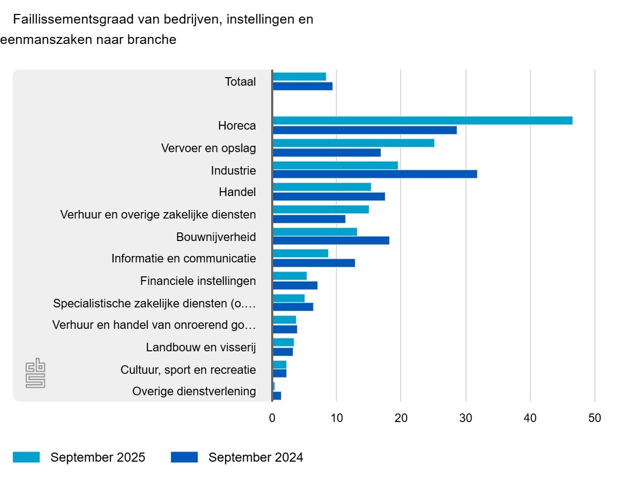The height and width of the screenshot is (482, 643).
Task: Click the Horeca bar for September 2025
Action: click(422, 120)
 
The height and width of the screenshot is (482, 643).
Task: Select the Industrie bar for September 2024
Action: click(375, 174)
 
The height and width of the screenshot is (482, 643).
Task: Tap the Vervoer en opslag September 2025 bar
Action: click(353, 143)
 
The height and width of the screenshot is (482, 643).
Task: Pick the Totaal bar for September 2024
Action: click(302, 86)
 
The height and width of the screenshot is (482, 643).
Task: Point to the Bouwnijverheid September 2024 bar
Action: click(331, 240)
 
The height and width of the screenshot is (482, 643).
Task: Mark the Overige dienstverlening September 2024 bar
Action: click(276, 396)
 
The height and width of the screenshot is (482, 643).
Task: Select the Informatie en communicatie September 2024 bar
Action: click(313, 263)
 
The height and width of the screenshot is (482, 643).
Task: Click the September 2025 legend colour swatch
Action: click(26, 457)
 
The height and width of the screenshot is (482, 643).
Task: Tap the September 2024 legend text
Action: click(256, 457)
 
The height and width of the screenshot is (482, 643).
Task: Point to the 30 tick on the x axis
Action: click(466, 418)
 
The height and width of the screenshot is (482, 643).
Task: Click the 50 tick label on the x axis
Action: click(595, 418)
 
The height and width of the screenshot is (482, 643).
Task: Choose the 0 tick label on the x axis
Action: click(272, 418)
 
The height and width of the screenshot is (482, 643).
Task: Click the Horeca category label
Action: click(237, 126)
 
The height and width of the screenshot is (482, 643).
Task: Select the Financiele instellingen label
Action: click(198, 281)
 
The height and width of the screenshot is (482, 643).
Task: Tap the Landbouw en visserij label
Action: click(201, 348)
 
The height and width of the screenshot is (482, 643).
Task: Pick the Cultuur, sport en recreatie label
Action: click(188, 370)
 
